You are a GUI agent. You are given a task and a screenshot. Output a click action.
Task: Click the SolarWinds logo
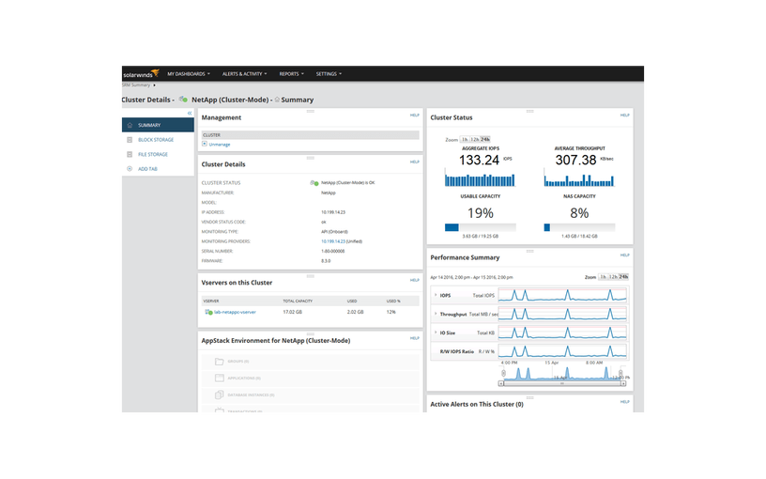click(x=140, y=73)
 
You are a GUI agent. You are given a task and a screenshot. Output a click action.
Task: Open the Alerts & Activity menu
click(x=244, y=73)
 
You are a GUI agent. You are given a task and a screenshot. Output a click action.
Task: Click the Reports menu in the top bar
click(x=291, y=73)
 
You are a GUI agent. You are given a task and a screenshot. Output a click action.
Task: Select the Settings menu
click(x=329, y=73)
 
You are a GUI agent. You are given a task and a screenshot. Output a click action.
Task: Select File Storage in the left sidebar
click(x=153, y=154)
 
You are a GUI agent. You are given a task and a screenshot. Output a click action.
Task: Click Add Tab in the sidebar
click(x=148, y=169)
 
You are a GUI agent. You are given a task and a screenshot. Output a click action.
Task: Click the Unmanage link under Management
click(x=220, y=144)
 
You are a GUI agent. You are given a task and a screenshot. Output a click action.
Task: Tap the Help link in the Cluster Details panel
click(x=414, y=162)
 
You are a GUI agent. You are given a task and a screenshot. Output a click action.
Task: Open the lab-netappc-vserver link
click(x=234, y=312)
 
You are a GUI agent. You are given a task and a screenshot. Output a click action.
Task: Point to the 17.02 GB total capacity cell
click(x=293, y=312)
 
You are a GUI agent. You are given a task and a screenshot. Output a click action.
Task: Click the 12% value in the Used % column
click(x=391, y=312)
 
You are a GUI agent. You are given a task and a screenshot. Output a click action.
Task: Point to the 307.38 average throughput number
click(x=575, y=160)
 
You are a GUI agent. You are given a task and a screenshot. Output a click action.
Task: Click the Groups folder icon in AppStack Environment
click(x=218, y=361)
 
